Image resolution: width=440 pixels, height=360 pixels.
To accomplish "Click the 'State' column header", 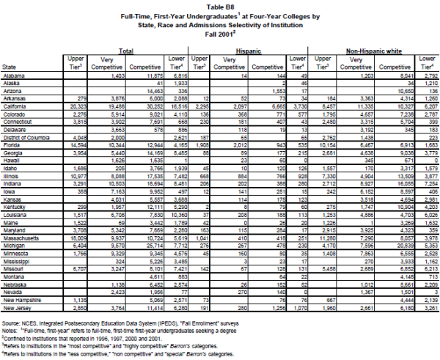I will tap(11, 66).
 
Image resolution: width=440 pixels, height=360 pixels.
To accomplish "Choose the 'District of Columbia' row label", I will tap(26, 137).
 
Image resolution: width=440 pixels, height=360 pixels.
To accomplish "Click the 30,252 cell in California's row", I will tap(161, 106).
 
